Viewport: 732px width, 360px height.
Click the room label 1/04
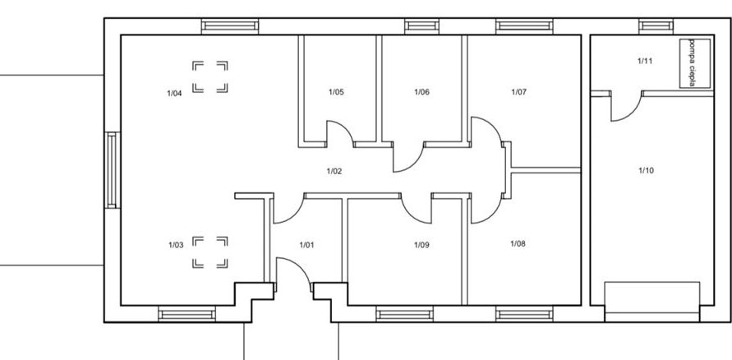tap(174, 94)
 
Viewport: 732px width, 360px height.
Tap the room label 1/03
tap(176, 245)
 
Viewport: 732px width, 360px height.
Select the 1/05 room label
tap(336, 92)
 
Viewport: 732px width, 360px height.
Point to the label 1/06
tap(421, 92)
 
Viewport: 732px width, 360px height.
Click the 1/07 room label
tap(518, 92)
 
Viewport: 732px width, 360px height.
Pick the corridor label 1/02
tap(334, 171)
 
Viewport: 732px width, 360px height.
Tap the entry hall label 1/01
tap(306, 245)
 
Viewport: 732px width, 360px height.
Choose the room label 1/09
tap(421, 245)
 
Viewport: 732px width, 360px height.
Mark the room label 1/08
tap(518, 243)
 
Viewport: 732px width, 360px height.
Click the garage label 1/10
tap(646, 170)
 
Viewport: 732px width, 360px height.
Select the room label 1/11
tap(645, 61)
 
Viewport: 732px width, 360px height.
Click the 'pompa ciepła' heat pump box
tap(695, 63)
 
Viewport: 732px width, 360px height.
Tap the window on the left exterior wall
tap(112, 170)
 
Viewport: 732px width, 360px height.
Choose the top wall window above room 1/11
tap(656, 25)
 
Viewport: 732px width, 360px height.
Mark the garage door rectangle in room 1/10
tap(652, 302)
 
